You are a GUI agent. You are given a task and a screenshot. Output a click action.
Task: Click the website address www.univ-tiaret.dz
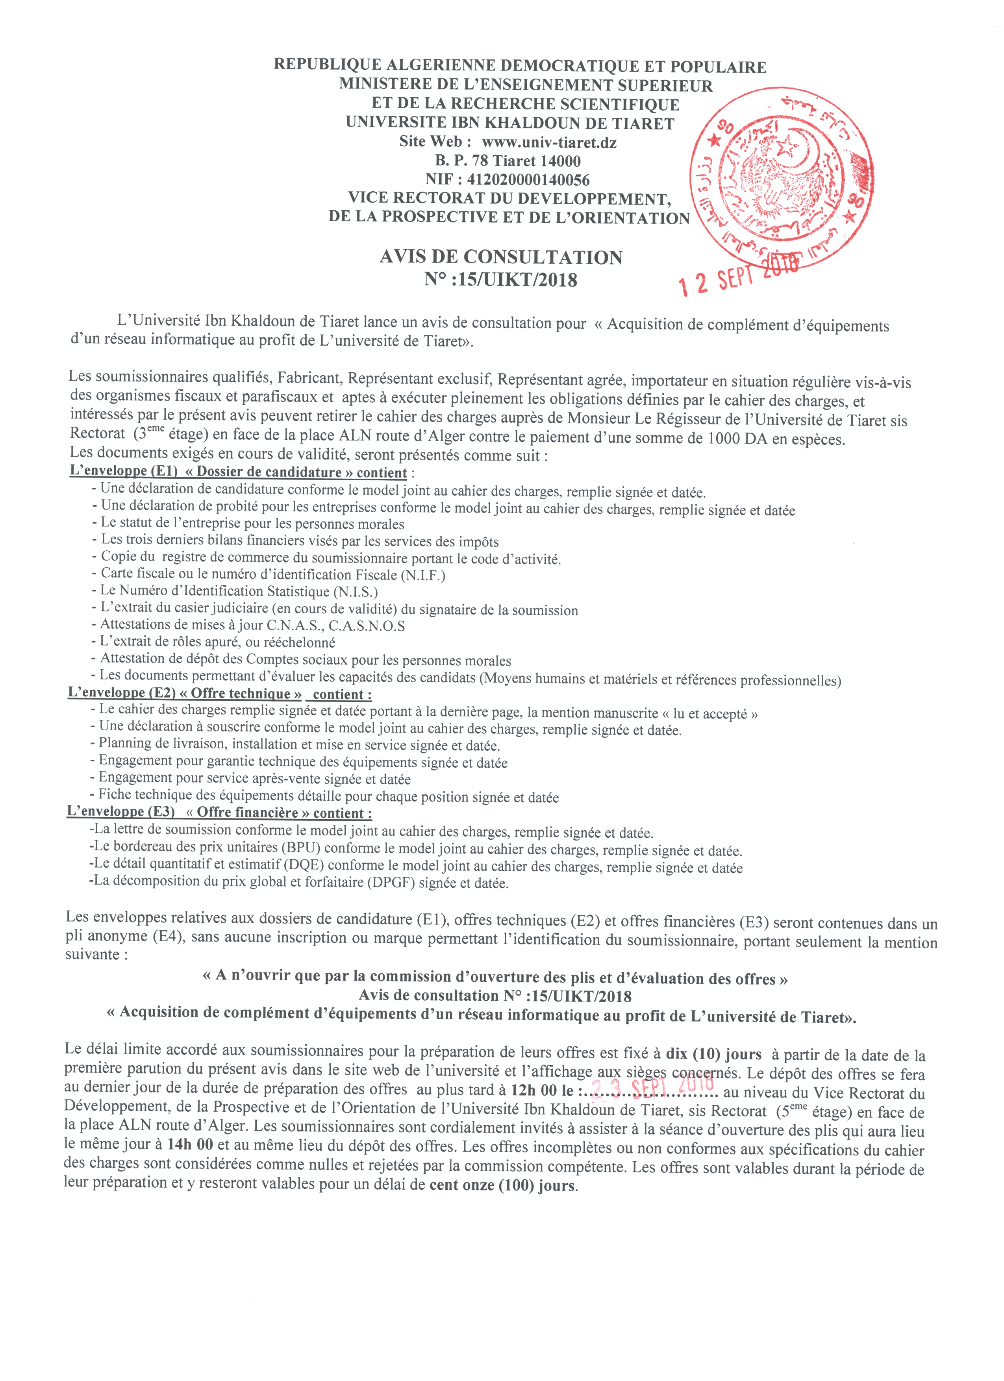tap(548, 143)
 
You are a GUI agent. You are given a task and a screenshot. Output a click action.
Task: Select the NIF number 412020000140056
tap(528, 180)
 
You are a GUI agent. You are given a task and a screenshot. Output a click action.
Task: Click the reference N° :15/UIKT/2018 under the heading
tap(500, 280)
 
